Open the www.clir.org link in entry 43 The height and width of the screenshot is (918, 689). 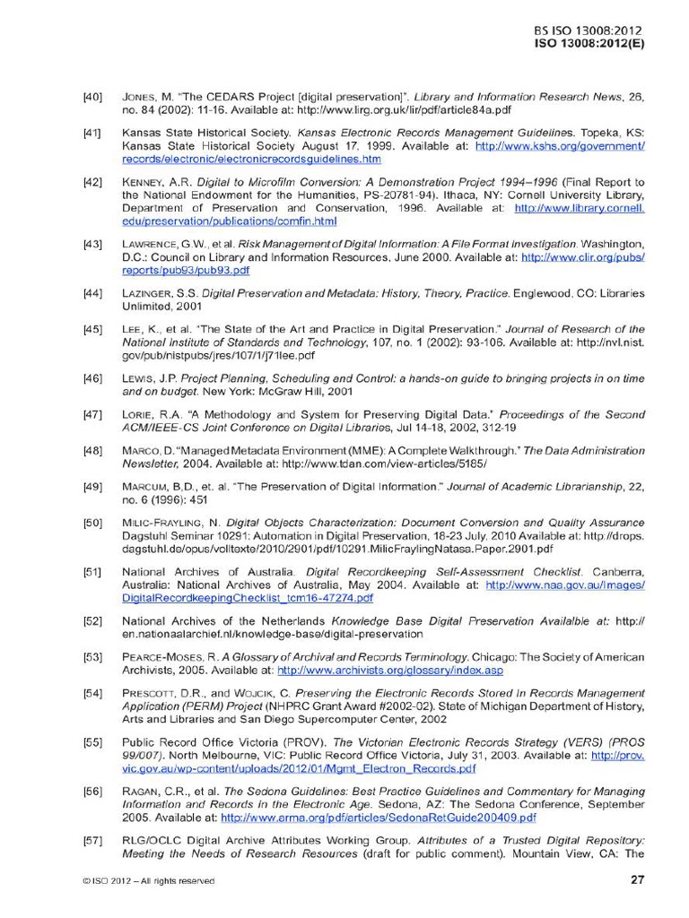tap(583, 256)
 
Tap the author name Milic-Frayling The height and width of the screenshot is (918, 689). tap(159, 522)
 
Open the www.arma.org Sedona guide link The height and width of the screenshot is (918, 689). tap(379, 818)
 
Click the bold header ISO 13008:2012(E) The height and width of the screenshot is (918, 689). tap(589, 42)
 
